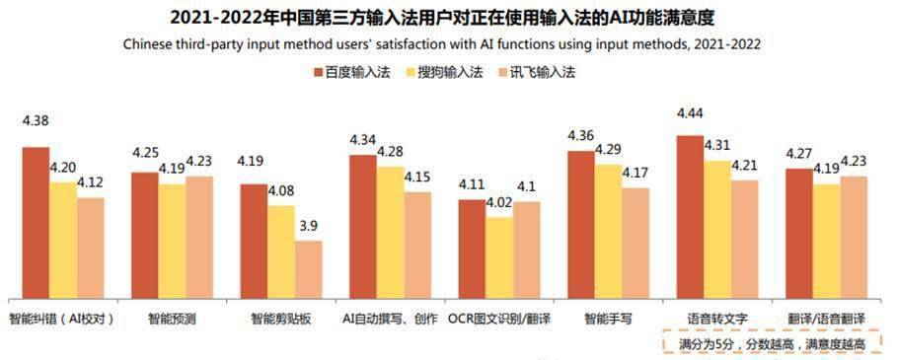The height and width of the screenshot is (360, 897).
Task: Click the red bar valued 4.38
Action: coord(37,223)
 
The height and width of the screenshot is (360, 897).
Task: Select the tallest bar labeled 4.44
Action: coord(690,217)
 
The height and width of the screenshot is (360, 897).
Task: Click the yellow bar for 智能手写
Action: coord(608,231)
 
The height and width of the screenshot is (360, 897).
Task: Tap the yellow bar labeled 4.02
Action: coord(498,257)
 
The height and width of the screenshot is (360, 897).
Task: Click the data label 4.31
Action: coord(716,145)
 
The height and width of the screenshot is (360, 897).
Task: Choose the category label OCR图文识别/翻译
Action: coord(498,320)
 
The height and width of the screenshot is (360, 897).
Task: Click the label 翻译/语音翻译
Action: coord(826,320)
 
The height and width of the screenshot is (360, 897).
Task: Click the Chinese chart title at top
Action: coord(449,18)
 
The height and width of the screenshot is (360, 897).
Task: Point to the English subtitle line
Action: coord(449,44)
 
